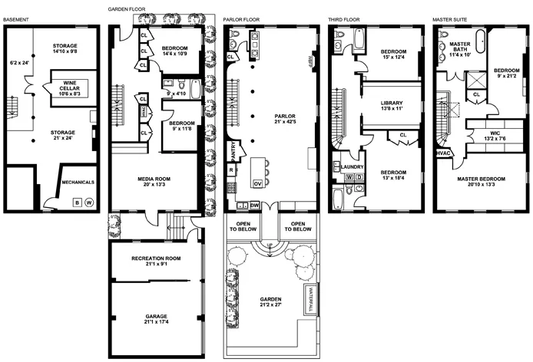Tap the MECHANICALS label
[78, 183]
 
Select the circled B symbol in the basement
[76, 202]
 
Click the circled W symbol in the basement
[89, 202]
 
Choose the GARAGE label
[157, 316]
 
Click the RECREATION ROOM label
[156, 258]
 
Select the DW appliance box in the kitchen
[254, 206]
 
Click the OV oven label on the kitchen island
[258, 184]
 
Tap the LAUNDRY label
[353, 166]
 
